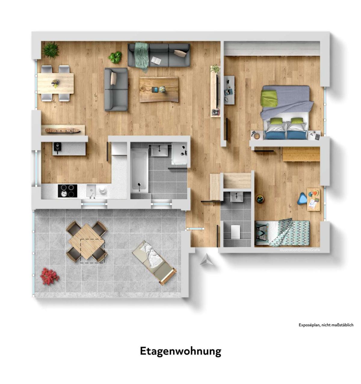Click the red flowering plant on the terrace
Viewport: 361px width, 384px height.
tap(50, 276)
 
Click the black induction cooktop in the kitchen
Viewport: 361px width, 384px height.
tap(67, 191)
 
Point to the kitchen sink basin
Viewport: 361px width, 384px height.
tap(91, 190)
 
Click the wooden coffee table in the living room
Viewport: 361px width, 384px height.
tap(159, 89)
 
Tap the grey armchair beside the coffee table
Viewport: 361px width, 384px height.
tap(116, 89)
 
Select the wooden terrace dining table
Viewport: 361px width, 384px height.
tap(86, 242)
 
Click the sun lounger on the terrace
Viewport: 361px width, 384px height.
tap(154, 263)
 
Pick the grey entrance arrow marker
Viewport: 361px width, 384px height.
tap(207, 259)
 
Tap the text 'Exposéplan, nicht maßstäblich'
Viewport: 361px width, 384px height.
tap(326, 325)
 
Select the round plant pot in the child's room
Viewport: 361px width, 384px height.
tap(260, 199)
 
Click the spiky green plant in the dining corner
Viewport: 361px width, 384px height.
tap(51, 50)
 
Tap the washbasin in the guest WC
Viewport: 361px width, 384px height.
tap(236, 197)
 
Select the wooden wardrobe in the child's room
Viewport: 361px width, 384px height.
tap(301, 154)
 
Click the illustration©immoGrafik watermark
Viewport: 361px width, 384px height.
tap(300, 250)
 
